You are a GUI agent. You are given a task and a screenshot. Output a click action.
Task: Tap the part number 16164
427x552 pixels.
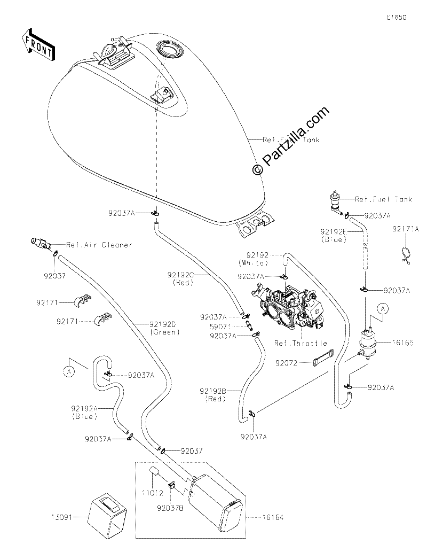click(x=273, y=517)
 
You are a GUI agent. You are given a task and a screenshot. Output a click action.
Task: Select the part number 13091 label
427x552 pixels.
click(x=61, y=517)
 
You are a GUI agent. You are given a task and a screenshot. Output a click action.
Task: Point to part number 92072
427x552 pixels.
click(x=287, y=363)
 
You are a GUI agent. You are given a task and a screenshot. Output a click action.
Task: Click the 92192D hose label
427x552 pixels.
click(x=162, y=324)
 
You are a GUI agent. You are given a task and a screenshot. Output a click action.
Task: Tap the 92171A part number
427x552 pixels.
click(x=406, y=229)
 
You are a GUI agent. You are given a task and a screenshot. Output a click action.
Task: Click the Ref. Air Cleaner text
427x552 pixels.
click(x=99, y=245)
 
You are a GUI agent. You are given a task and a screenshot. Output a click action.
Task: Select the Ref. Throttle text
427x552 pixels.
click(x=301, y=343)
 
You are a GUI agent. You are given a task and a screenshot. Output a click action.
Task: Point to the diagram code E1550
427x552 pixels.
click(x=397, y=17)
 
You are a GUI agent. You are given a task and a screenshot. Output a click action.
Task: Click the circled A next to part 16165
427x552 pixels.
click(x=383, y=309)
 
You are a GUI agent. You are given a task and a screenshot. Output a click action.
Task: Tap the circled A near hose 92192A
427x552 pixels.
click(x=69, y=372)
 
